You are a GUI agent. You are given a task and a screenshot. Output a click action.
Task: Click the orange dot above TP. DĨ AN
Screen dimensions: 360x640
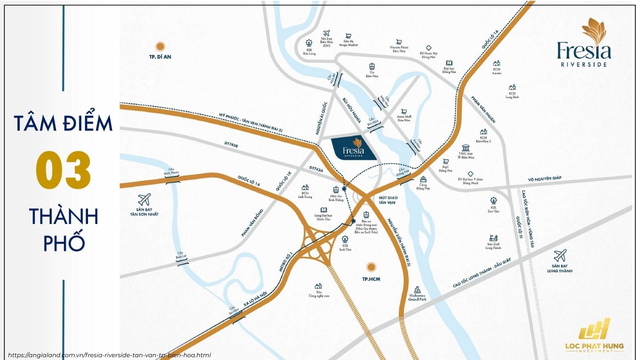[x=160, y=46]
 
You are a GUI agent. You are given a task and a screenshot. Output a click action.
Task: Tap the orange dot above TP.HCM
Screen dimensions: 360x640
[x=371, y=267]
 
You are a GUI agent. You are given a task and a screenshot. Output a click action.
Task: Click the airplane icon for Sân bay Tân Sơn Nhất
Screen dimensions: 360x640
[x=144, y=199]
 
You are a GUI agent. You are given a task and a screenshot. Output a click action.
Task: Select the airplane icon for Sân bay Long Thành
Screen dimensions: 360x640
[x=560, y=255]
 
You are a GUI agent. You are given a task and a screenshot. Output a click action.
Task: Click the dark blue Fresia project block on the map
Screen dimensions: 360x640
[x=354, y=148]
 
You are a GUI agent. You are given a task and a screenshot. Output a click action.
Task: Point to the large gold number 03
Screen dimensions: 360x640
[x=64, y=170]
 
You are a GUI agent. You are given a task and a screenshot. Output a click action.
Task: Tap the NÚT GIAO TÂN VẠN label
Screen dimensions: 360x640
[x=388, y=200]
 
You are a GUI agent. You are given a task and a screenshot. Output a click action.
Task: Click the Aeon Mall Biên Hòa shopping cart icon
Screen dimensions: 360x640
[x=404, y=112]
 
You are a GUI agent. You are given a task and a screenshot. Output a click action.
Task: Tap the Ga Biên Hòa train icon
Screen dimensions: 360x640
[x=372, y=66]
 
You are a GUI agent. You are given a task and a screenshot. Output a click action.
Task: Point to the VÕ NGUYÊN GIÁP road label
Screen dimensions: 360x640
[x=544, y=178]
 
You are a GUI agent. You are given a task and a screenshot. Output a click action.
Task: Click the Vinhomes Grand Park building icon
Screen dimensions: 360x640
[x=417, y=290]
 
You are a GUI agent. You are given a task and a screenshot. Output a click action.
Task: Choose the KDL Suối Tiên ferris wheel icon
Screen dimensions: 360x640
[x=345, y=240]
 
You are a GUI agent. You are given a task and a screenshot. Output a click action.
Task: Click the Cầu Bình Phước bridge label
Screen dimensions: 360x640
[x=172, y=171]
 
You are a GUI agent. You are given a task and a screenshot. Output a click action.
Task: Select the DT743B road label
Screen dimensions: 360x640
[x=231, y=146]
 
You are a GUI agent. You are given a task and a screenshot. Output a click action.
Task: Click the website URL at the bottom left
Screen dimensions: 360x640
[x=109, y=355]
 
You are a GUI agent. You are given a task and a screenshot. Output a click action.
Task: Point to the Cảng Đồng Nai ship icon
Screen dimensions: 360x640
[x=423, y=179]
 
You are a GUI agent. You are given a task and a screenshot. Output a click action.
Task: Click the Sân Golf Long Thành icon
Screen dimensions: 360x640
[x=493, y=238]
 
